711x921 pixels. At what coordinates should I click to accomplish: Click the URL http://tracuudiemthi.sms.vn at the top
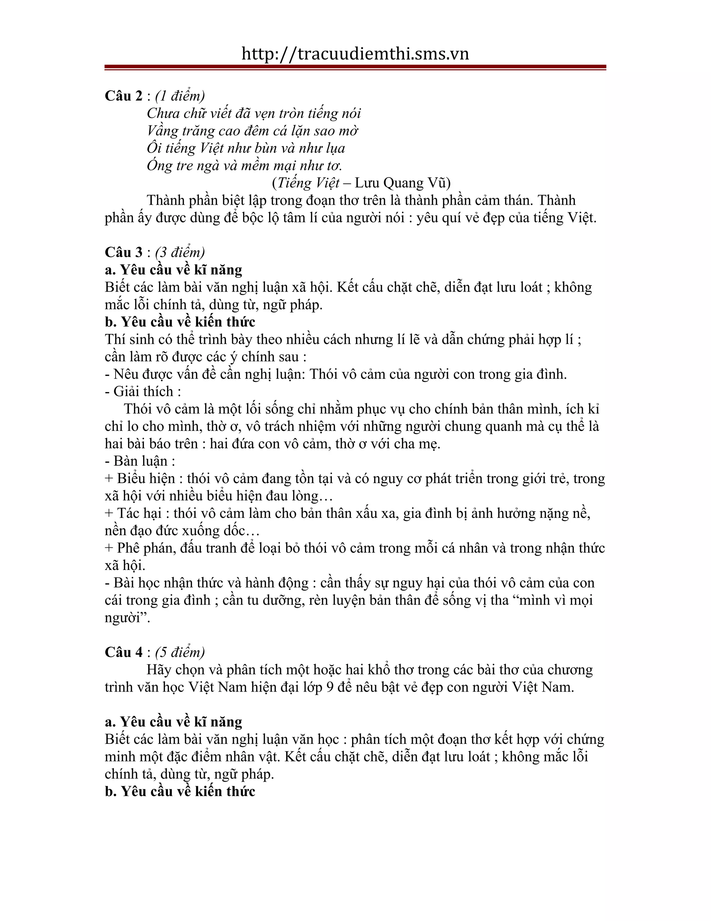(355, 54)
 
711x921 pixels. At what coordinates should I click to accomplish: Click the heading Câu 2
(124, 96)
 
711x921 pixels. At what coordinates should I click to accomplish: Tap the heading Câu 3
(124, 252)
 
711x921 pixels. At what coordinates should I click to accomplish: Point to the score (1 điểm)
(180, 96)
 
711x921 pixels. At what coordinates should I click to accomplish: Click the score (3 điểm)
(180, 252)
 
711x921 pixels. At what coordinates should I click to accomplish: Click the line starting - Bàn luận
(140, 461)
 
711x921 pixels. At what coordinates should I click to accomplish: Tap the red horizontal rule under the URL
(355, 67)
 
